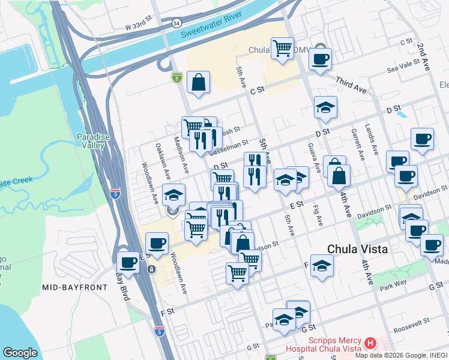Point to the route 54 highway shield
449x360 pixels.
click(176, 22)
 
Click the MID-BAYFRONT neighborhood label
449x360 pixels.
click(74, 287)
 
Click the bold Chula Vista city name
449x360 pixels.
click(357, 249)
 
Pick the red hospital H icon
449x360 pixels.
click(370, 343)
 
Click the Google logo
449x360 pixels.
click(20, 353)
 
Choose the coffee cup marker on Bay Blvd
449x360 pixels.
click(128, 262)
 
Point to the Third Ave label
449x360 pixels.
click(351, 85)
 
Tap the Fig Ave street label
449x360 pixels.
click(318, 215)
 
